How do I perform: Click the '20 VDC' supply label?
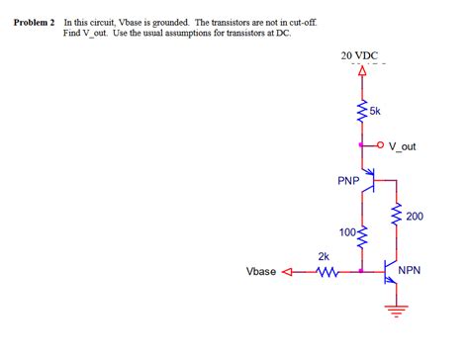coord(359,55)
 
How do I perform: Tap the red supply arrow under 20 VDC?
coord(362,72)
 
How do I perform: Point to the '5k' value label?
coord(375,111)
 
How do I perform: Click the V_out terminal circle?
coord(382,146)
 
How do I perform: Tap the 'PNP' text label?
coord(347,181)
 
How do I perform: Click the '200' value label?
coord(415,216)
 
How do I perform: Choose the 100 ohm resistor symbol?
coord(362,237)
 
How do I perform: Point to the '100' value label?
coord(347,232)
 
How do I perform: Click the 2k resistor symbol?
coord(326,270)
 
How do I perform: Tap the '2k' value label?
coord(323,256)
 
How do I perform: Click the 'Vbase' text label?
coord(260,271)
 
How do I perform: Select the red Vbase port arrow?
coord(289,270)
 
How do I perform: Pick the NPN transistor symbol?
coord(391,272)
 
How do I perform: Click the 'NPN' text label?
coord(410,271)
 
